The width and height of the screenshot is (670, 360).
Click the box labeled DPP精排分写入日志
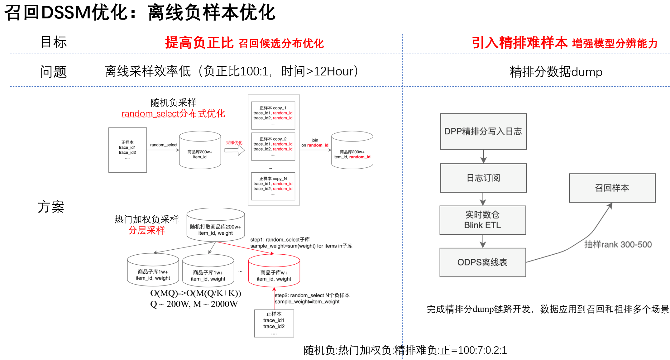[483, 132]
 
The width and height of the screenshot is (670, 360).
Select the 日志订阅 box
[483, 178]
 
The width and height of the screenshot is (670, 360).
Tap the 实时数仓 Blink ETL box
[482, 220]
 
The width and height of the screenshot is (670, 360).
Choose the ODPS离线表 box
[482, 262]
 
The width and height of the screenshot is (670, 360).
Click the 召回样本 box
[612, 188]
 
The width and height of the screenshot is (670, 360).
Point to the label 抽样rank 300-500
[618, 245]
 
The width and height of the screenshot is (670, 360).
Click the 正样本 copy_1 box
[273, 115]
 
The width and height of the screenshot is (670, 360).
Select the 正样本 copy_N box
[273, 186]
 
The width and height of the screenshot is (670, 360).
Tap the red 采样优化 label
[234, 143]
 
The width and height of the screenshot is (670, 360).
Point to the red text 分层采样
[146, 231]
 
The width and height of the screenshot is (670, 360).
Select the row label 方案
[51, 207]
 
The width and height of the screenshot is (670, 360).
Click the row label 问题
[53, 72]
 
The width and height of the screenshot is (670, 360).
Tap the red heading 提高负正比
[199, 43]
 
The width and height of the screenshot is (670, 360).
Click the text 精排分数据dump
[556, 72]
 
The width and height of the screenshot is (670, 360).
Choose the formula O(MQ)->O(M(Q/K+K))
[195, 293]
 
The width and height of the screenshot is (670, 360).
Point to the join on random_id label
[315, 143]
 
